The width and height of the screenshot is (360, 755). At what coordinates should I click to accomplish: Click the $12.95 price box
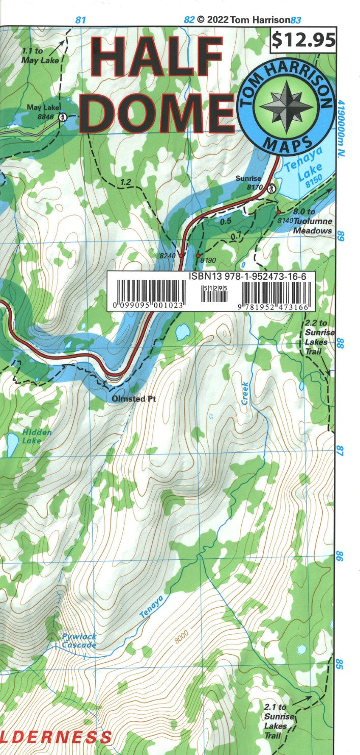coord(303,39)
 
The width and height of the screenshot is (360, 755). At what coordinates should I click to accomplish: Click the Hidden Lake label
coord(37,436)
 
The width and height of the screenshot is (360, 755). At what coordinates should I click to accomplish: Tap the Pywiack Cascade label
coord(79,641)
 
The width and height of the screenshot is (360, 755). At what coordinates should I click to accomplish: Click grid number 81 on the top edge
coord(80,20)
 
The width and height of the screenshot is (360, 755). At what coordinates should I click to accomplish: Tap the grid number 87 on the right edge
coord(341,451)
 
